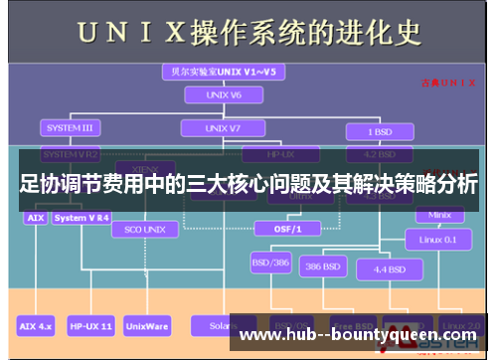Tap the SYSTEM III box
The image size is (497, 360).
(x=70, y=128)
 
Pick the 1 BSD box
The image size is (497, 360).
(x=378, y=131)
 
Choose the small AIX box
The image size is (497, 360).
(x=35, y=217)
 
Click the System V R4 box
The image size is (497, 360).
(x=82, y=217)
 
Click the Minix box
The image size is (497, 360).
(x=439, y=215)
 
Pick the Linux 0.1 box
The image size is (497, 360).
(x=436, y=239)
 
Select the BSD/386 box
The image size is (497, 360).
(x=269, y=265)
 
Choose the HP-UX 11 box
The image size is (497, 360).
(x=91, y=325)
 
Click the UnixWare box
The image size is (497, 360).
(x=147, y=325)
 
